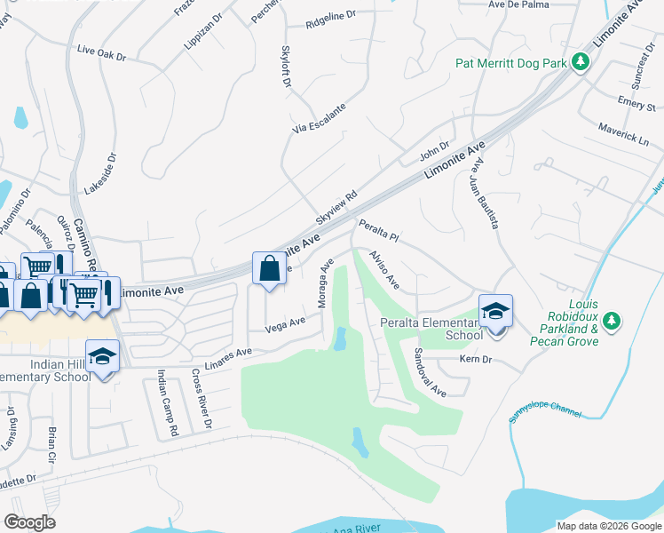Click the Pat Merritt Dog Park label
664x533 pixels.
tap(510, 63)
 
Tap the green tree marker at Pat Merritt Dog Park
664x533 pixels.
tap(581, 62)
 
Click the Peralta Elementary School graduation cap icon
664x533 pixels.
tap(496, 310)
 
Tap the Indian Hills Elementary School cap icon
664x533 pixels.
tap(103, 356)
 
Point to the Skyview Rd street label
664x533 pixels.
tap(336, 206)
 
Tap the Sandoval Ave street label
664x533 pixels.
tap(428, 371)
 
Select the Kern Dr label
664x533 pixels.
tap(475, 359)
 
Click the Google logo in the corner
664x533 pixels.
tap(29, 522)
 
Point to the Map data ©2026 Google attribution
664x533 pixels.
tap(608, 526)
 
